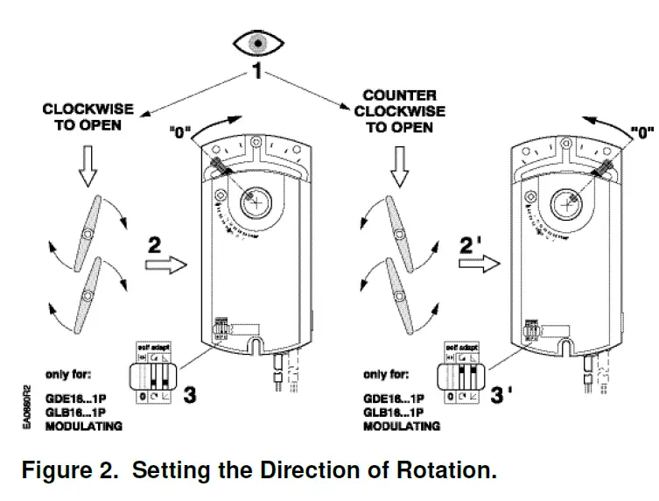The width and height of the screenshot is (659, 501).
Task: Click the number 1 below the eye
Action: [257, 73]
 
